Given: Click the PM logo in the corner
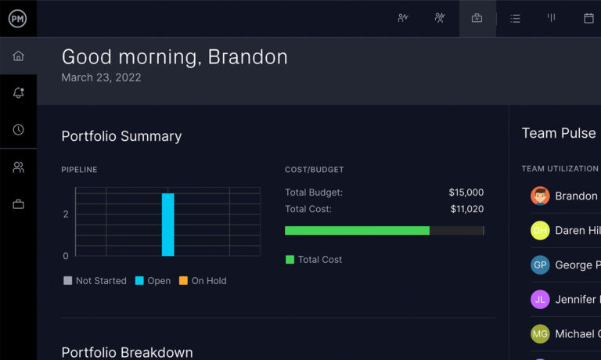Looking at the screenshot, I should coord(17,19).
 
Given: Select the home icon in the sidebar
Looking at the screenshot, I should coord(18,56).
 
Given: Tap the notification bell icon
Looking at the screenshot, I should coord(18,93).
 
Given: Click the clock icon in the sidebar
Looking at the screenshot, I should coord(18,130).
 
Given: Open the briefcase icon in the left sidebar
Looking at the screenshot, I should coord(18,204).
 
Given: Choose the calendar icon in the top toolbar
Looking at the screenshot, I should coord(588,18).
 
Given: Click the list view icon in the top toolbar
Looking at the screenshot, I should coord(515,18).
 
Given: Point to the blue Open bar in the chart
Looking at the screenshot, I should coord(167,224).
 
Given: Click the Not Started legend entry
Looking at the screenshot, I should coord(95,281).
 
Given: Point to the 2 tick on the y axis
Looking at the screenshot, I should coord(66,214).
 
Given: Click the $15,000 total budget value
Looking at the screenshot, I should coord(466,193).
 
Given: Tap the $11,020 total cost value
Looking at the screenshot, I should coord(466,209).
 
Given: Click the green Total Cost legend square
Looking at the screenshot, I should coord(290,260).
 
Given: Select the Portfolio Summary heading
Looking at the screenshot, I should coord(121,136).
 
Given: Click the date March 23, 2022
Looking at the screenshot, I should coord(101,77).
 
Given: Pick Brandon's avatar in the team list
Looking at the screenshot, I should coord(540,196).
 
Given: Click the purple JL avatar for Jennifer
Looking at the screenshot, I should coord(540,299).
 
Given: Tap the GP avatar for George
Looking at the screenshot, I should coord(540,265).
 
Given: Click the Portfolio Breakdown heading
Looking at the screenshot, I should coord(127,352).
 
